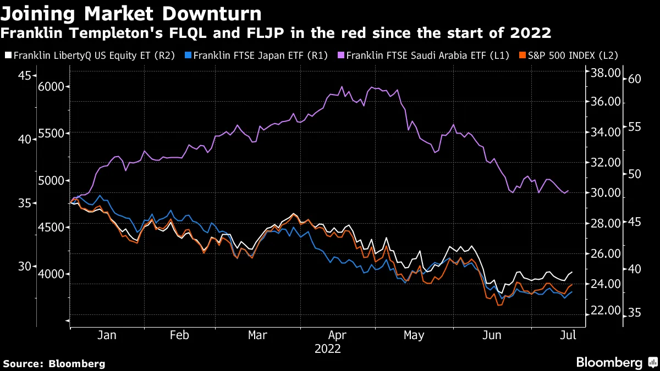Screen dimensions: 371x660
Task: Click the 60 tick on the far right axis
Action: (x=635, y=79)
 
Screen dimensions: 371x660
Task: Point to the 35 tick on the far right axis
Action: (x=635, y=313)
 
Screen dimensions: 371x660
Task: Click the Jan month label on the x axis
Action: (x=107, y=336)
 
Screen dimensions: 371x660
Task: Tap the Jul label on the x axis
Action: (x=569, y=336)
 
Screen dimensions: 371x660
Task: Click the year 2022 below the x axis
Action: (x=328, y=348)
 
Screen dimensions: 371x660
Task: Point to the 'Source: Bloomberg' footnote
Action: (x=54, y=363)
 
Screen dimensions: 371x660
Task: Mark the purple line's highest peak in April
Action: (x=342, y=87)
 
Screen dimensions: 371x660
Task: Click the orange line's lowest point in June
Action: (x=499, y=305)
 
